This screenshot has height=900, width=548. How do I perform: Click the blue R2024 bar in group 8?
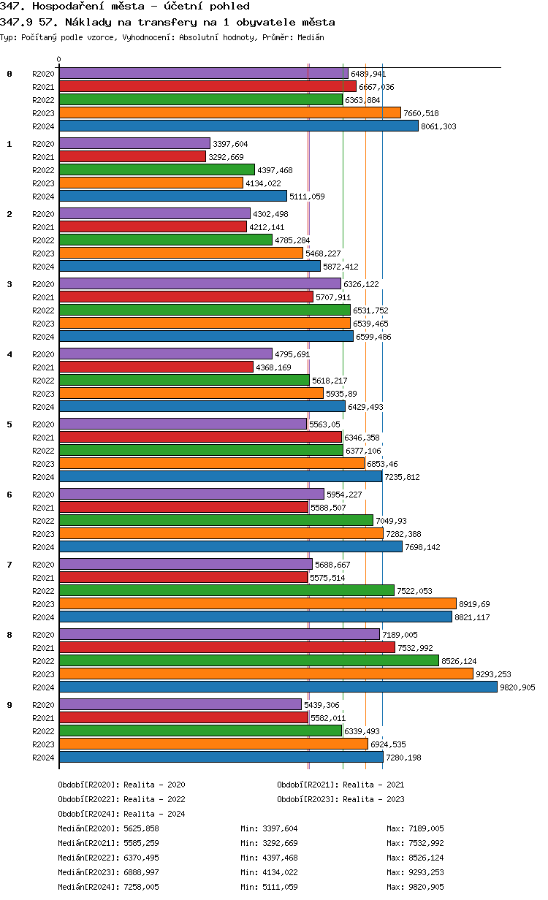pos(278,687)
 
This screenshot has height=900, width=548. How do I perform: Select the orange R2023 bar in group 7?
pos(257,603)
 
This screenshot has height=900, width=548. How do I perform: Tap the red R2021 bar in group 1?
pos(132,156)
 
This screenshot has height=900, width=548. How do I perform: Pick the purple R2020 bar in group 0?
pos(203,73)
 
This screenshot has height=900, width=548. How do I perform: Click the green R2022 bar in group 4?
pos(184,380)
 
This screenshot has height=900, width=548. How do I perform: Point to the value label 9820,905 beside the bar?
pos(517,687)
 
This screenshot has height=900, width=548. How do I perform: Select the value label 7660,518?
pos(421,113)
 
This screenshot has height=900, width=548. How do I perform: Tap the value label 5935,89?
pos(342,394)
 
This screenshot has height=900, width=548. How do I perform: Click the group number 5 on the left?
pos(9,424)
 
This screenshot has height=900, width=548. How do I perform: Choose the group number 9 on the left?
pos(9,705)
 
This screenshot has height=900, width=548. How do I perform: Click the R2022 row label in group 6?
pos(43,521)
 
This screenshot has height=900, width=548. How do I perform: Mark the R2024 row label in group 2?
pos(43,267)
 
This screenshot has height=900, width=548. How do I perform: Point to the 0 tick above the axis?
pos(59,60)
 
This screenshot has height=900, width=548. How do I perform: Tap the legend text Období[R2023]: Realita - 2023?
pos(340,799)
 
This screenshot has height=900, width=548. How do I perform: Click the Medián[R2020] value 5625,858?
pos(142,828)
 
